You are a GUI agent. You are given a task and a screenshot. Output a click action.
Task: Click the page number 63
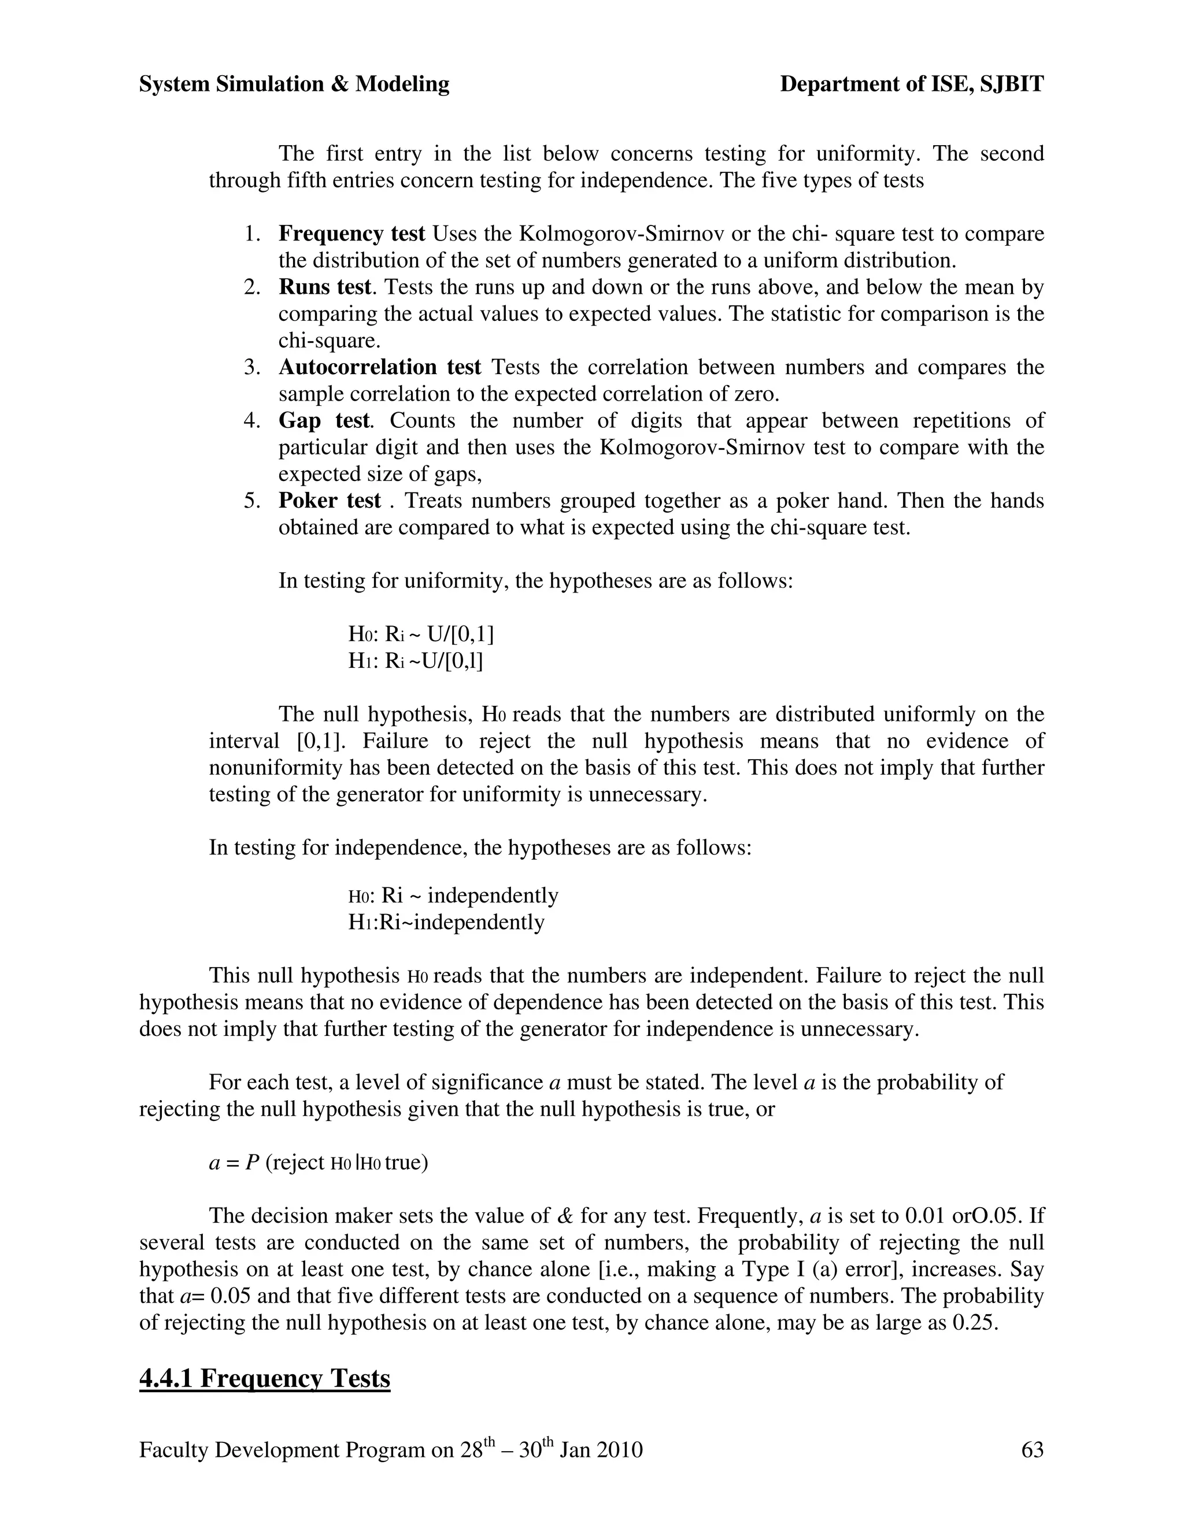point(1033,1450)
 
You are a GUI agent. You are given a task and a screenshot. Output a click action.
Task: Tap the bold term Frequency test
point(351,234)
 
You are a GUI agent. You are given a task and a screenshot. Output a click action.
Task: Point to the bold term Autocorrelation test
point(379,367)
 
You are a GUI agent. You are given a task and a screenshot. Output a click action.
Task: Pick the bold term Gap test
point(323,420)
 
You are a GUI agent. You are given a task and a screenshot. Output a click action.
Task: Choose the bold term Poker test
point(330,500)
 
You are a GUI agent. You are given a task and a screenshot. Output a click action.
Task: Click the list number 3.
point(252,367)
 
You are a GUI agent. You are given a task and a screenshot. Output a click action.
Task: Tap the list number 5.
point(252,500)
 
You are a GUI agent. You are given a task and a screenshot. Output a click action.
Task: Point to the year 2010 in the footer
point(618,1450)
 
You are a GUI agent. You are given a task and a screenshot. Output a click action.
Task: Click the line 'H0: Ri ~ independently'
point(453,895)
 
